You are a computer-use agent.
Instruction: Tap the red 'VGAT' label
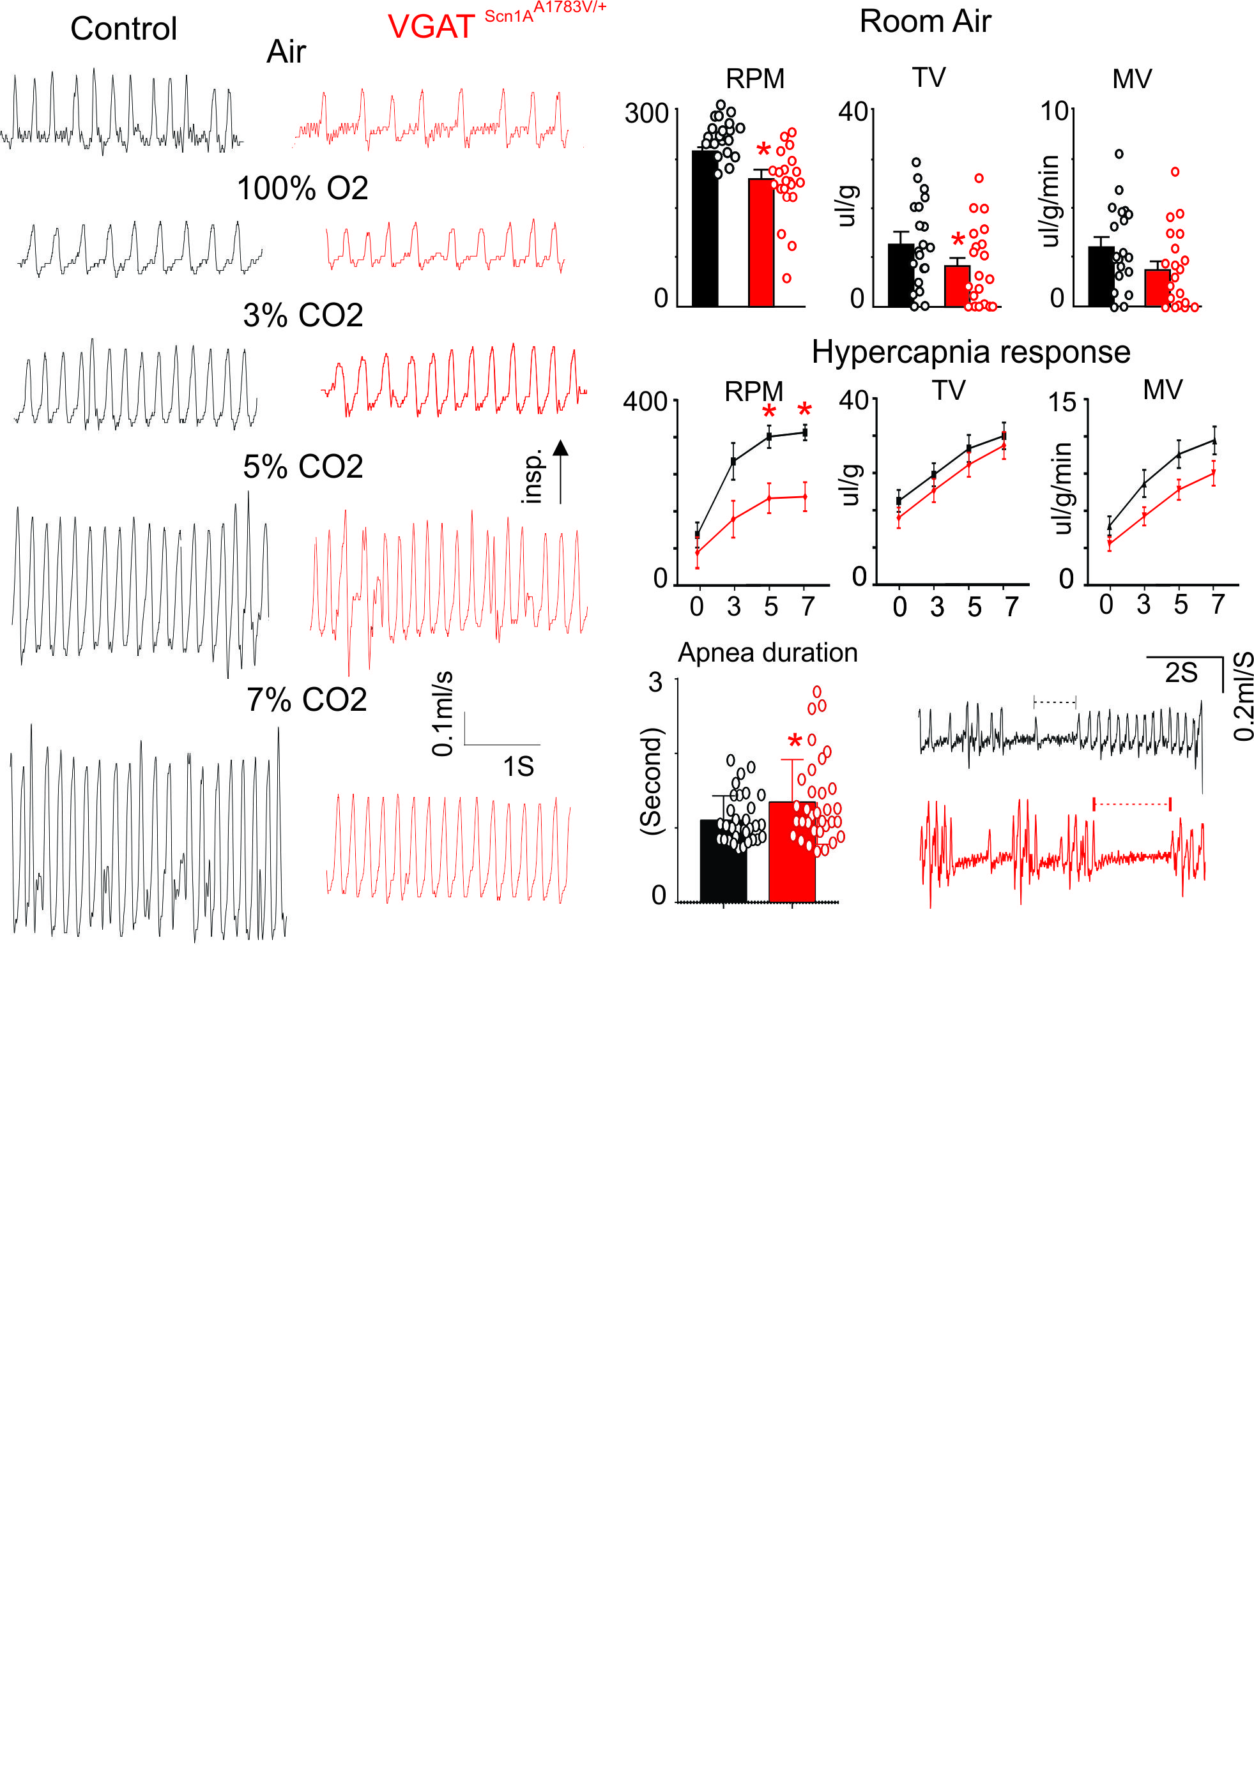pyautogui.click(x=431, y=28)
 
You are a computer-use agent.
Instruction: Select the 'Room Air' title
pyautogui.click(x=924, y=22)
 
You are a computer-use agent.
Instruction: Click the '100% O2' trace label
pyautogui.click(x=302, y=188)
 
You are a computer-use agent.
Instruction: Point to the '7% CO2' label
pyautogui.click(x=306, y=701)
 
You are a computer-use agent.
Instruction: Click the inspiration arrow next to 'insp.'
pyautogui.click(x=560, y=471)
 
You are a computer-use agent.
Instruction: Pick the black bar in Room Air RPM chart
pyautogui.click(x=705, y=229)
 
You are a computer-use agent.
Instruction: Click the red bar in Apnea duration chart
pyautogui.click(x=791, y=852)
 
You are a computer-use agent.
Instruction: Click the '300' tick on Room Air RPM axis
pyautogui.click(x=646, y=114)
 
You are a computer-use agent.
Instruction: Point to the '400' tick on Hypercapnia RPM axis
pyautogui.click(x=645, y=402)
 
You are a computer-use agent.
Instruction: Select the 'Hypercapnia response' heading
pyautogui.click(x=970, y=353)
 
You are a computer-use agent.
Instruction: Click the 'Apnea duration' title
pyautogui.click(x=768, y=653)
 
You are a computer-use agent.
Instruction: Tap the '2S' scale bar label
pyautogui.click(x=1181, y=672)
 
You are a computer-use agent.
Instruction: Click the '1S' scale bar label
pyautogui.click(x=518, y=767)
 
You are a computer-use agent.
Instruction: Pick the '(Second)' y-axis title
pyautogui.click(x=651, y=780)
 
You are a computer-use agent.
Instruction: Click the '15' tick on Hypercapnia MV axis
pyautogui.click(x=1062, y=402)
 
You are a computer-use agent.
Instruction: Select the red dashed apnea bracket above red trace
pyautogui.click(x=1131, y=804)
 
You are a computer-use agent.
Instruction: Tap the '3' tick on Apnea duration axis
pyautogui.click(x=656, y=683)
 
